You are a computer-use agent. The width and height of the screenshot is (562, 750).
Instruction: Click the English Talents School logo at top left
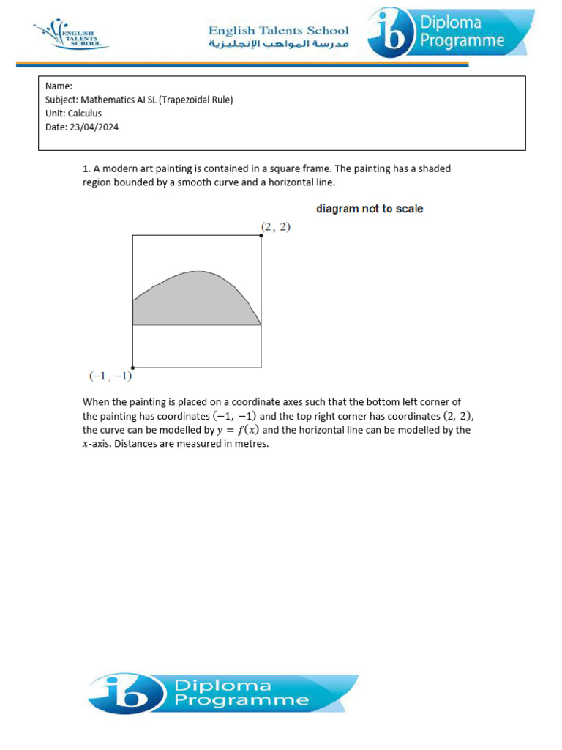(70, 34)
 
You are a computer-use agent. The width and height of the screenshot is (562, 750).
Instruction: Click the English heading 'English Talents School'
(279, 31)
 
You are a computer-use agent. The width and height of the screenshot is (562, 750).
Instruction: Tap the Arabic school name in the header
(279, 45)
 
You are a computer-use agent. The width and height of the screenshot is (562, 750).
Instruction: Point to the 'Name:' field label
(59, 86)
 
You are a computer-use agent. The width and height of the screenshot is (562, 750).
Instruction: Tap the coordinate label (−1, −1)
(109, 376)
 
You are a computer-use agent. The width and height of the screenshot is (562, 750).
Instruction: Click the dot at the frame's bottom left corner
(132, 368)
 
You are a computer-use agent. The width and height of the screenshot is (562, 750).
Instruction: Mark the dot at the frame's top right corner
(261, 235)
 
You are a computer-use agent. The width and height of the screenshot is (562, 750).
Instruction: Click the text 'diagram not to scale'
(370, 209)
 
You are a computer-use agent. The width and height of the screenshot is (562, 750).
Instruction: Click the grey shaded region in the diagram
(194, 304)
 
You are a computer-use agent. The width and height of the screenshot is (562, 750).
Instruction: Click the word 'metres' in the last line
(252, 444)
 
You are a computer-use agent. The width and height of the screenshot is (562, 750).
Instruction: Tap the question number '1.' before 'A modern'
(86, 168)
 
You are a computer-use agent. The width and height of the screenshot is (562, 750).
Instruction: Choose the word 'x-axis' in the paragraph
(97, 444)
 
